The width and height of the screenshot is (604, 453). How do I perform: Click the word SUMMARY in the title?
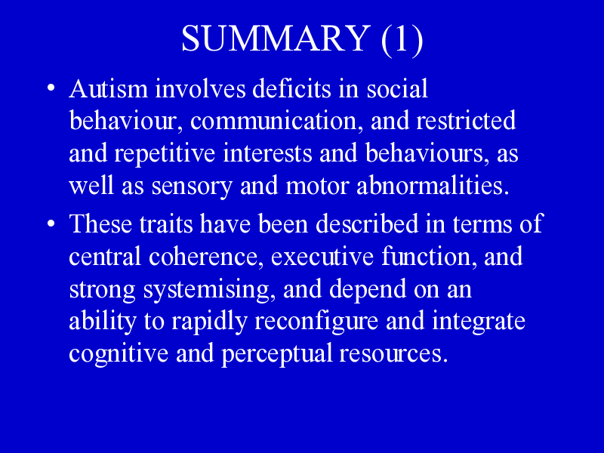(x=276, y=38)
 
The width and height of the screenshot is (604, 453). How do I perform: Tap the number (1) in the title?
(x=402, y=39)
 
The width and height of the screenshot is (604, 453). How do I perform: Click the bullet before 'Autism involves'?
(x=51, y=88)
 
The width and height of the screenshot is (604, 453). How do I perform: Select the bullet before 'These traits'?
(x=51, y=223)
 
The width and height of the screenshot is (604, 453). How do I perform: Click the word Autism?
(x=109, y=88)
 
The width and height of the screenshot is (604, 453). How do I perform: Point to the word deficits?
(x=291, y=88)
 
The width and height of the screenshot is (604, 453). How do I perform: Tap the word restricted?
(x=466, y=121)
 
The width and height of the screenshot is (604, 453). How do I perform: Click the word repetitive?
(x=165, y=153)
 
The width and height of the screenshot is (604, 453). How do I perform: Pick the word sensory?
(x=192, y=186)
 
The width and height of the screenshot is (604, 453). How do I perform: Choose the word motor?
(x=317, y=186)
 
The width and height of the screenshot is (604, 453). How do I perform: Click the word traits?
(x=166, y=223)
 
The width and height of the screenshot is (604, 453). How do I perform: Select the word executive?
(x=322, y=257)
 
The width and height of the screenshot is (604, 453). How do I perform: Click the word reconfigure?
(x=316, y=322)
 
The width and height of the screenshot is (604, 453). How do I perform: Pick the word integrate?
(x=479, y=322)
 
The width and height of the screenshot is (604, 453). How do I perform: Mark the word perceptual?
(x=276, y=354)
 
